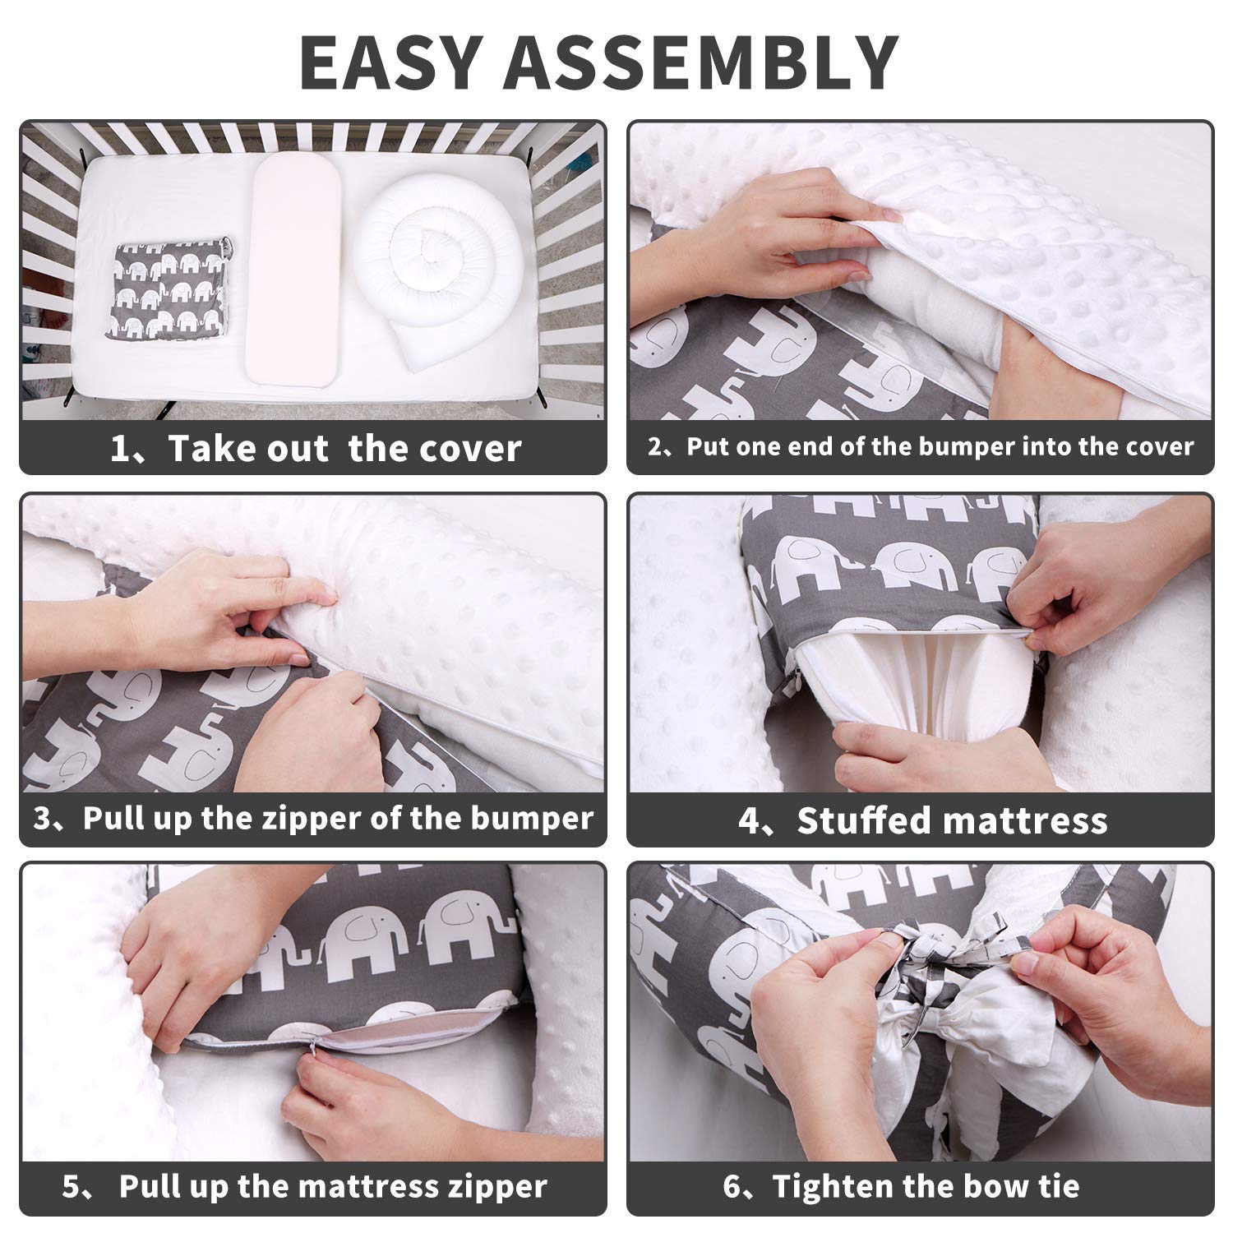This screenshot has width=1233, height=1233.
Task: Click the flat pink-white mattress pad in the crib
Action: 294,271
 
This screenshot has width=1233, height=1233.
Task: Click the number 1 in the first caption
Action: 121,449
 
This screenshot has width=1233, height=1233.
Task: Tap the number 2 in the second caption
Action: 655,446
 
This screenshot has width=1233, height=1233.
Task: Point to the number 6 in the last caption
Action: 732,1186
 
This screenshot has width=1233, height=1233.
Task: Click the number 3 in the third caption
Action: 43,818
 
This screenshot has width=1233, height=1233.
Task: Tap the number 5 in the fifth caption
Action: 72,1186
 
